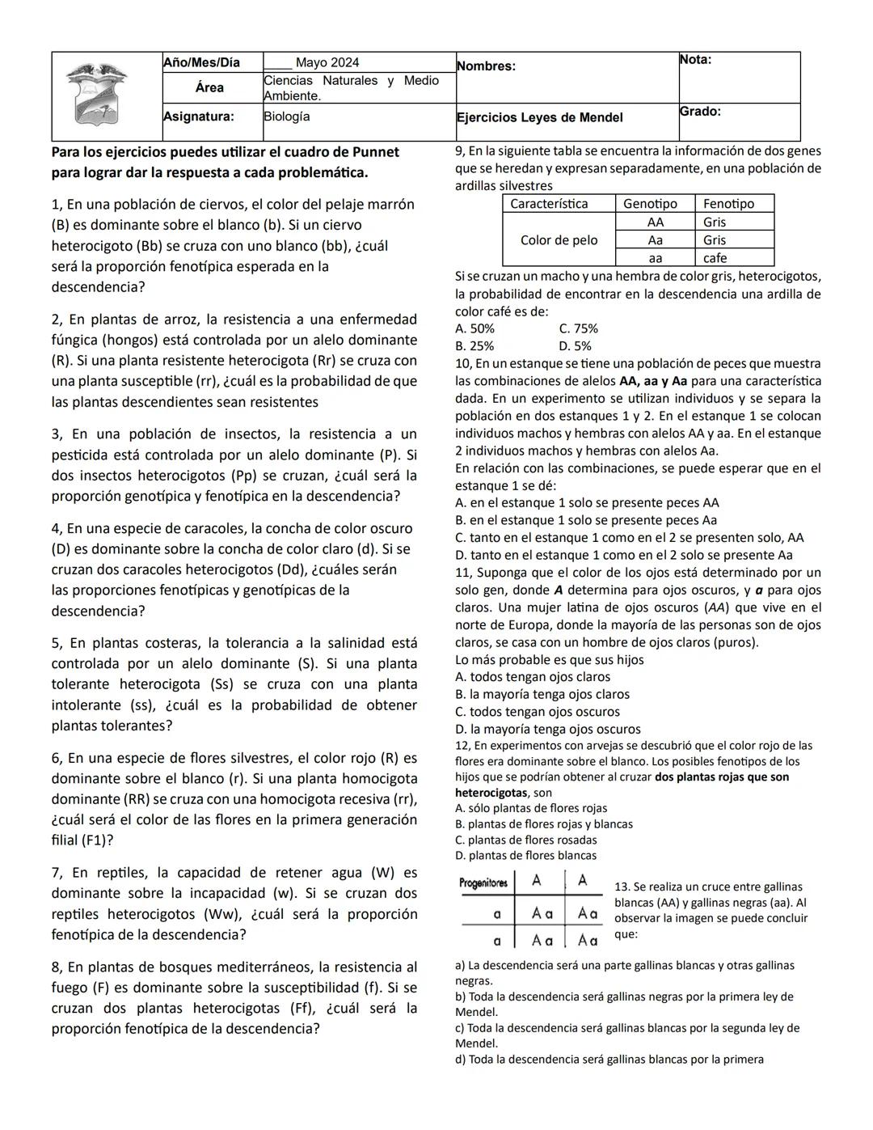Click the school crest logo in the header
coord(97,94)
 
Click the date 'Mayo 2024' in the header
coord(327,63)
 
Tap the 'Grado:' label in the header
coord(700,112)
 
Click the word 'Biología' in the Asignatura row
coord(287,116)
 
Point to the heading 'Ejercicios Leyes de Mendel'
coord(539,118)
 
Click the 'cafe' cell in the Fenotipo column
coord(715,258)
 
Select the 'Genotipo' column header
coord(650,204)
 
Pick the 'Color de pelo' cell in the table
coord(559,240)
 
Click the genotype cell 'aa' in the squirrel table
coord(655,258)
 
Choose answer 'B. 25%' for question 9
coord(474,346)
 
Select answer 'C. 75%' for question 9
coord(578,328)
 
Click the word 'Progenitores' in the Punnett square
coord(483,883)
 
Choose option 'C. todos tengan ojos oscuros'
coord(538,712)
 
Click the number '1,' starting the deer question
coord(57,205)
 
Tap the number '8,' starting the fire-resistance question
coord(57,967)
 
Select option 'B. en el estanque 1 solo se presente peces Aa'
coord(586,520)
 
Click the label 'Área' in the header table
coord(209,87)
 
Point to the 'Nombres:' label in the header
coord(486,66)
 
